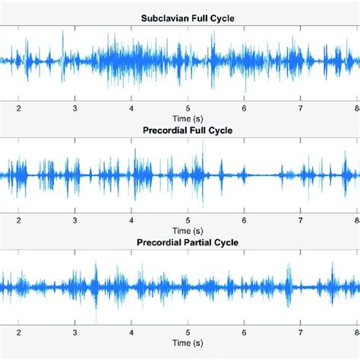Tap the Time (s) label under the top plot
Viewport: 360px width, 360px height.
[x=187, y=119]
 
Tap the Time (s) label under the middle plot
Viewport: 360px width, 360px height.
[x=187, y=231]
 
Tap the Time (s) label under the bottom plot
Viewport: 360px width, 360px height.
[x=187, y=343]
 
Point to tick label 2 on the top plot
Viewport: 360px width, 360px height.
[x=19, y=109]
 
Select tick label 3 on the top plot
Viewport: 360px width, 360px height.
[x=75, y=109]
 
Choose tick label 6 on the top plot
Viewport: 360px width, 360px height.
[x=244, y=109]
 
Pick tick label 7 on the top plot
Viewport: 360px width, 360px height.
[x=300, y=109]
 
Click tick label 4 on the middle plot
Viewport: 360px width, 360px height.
[x=131, y=220]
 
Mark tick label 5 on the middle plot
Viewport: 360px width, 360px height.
[x=188, y=220]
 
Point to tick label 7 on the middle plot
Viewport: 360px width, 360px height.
[x=300, y=220]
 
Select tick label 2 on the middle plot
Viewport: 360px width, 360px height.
[x=19, y=220]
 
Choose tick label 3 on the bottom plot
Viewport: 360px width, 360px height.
[x=75, y=333]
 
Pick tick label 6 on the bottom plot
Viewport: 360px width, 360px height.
[x=244, y=333]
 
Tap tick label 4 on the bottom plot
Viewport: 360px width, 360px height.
[x=131, y=333]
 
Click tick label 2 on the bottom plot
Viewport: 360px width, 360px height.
[x=19, y=333]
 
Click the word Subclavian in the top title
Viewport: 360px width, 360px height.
[x=164, y=18]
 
